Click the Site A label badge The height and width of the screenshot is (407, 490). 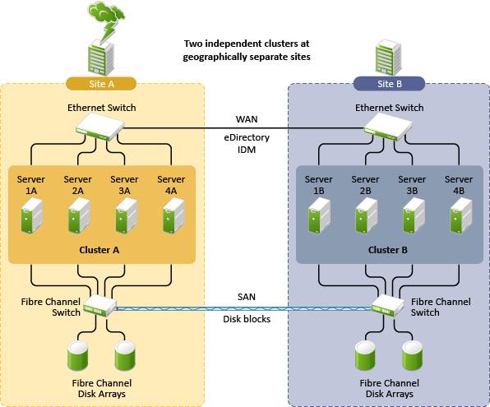pyautogui.click(x=101, y=84)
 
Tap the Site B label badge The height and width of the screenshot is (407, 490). pyautogui.click(x=389, y=84)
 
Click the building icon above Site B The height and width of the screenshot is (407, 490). pyautogui.click(x=388, y=58)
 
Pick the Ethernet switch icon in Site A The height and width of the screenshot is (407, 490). pyautogui.click(x=100, y=127)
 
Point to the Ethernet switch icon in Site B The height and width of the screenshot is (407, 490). pyautogui.click(x=388, y=127)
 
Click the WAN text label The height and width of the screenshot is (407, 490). pyautogui.click(x=247, y=119)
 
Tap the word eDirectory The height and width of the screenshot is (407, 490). pyautogui.click(x=247, y=137)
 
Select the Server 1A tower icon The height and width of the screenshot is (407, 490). pyautogui.click(x=31, y=215)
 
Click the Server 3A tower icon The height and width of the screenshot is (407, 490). pyautogui.click(x=127, y=215)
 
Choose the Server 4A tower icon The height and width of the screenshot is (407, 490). pyautogui.click(x=173, y=215)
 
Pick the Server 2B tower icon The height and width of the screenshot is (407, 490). pyautogui.click(x=366, y=215)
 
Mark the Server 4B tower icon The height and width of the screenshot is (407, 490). pyautogui.click(x=461, y=215)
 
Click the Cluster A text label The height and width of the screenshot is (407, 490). pyautogui.click(x=99, y=250)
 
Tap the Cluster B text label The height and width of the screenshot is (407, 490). pyautogui.click(x=388, y=250)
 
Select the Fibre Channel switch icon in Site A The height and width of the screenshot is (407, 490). pyautogui.click(x=100, y=305)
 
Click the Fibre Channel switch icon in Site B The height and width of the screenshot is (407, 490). pyautogui.click(x=388, y=305)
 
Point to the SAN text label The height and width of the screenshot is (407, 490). pyautogui.click(x=247, y=297)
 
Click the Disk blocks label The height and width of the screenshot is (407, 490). pyautogui.click(x=247, y=319)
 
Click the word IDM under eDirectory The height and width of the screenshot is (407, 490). pyautogui.click(x=247, y=150)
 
